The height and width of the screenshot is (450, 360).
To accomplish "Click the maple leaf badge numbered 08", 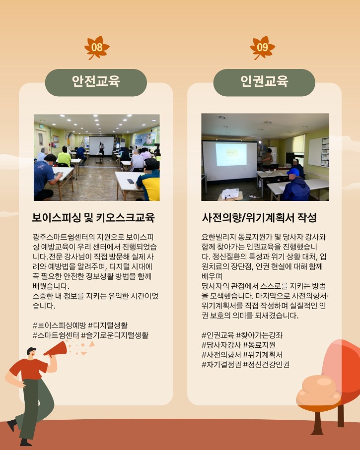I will (97, 48).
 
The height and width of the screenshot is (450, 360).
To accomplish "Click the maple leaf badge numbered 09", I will (263, 48).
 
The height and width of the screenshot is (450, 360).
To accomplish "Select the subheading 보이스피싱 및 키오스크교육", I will (93, 218).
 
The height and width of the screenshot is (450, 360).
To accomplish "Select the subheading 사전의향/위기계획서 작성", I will (259, 218).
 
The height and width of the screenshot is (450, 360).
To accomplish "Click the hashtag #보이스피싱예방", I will (59, 325).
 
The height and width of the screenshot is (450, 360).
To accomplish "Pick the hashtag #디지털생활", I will (108, 325).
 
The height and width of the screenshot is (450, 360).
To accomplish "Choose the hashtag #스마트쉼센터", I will (56, 335).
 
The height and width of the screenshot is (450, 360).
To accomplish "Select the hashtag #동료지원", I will (259, 345).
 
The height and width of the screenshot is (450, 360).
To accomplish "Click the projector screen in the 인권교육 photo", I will (229, 160).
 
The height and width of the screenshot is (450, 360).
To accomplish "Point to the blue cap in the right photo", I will (293, 172).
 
